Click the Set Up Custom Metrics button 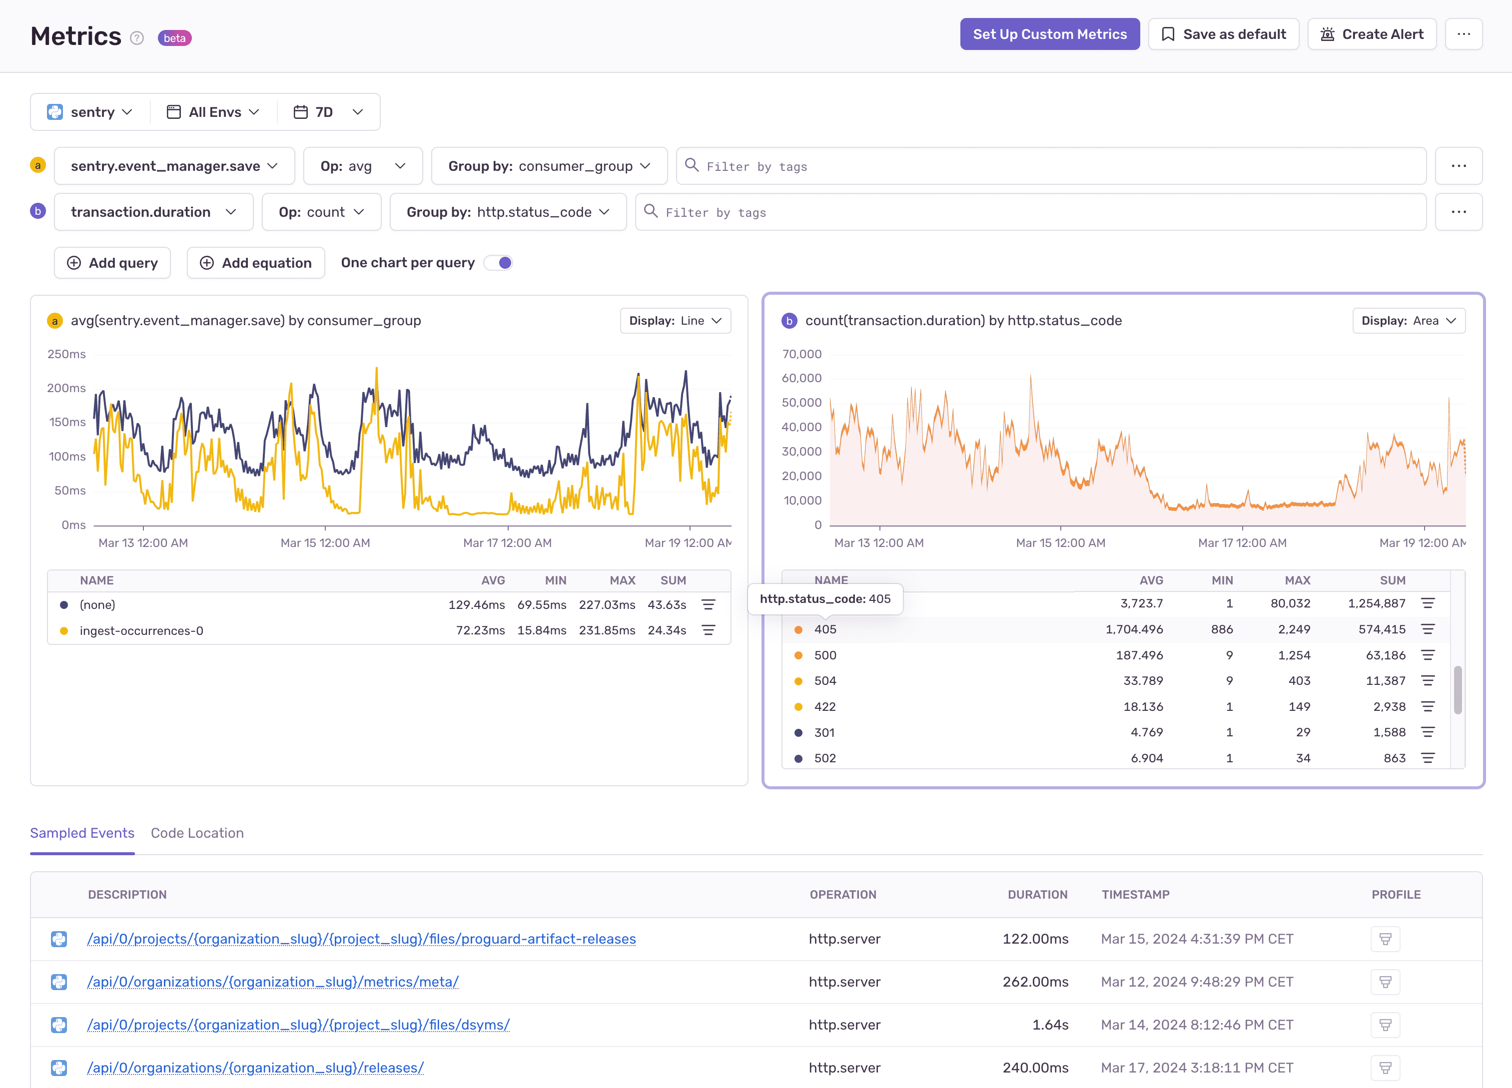tap(1049, 34)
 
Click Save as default tap(1223, 34)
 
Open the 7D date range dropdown tap(329, 112)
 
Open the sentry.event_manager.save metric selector tap(174, 166)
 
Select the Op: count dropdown tap(321, 212)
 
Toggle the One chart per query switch tap(499, 263)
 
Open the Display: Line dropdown tap(675, 321)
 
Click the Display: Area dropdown tap(1408, 321)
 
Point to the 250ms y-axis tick tap(66, 354)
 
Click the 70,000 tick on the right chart tap(801, 354)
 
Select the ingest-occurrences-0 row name tap(141, 630)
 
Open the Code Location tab tap(197, 833)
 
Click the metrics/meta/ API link tap(273, 982)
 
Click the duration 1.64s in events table tap(1050, 1025)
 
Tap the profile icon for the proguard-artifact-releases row tap(1385, 939)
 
